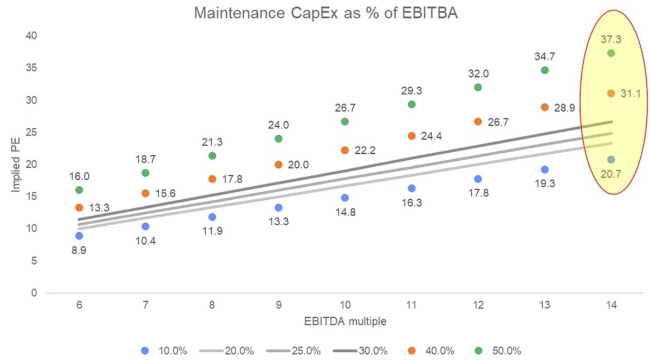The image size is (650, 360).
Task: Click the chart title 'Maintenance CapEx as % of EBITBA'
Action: [x=326, y=14]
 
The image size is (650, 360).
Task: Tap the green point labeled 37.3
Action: [x=611, y=53]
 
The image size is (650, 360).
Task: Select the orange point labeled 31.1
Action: [x=611, y=94]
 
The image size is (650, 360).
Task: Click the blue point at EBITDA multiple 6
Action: [x=79, y=236]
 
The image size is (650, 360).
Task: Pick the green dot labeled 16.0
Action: [x=79, y=190]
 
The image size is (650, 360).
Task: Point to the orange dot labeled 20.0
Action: [x=278, y=165]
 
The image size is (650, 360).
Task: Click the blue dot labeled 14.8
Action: [x=345, y=198]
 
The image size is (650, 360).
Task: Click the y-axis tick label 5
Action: [x=34, y=261]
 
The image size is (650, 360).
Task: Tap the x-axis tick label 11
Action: [x=411, y=305]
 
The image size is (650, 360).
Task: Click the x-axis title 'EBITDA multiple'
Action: [x=345, y=323]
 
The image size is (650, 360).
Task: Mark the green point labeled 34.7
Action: [x=544, y=70]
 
